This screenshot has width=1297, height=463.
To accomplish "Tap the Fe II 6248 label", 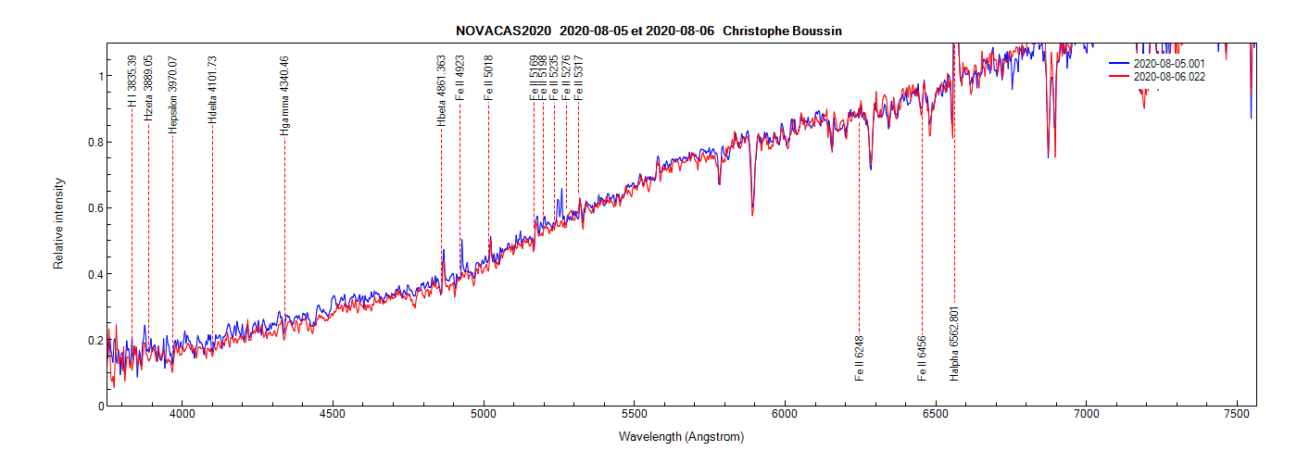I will (860, 358).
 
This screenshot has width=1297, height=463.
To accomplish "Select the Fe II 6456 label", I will (922, 358).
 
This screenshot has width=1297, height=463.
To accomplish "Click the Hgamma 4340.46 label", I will (284, 96).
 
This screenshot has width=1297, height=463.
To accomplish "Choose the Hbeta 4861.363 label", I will (441, 90).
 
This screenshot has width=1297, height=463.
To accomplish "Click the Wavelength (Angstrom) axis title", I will (681, 437).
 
